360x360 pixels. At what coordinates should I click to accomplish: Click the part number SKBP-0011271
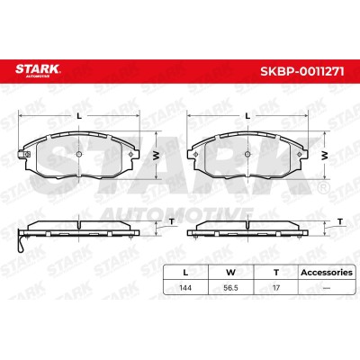302,71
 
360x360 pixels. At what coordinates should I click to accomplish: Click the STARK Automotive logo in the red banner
38,70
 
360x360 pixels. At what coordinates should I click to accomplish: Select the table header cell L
185,273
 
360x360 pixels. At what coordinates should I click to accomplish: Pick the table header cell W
230,273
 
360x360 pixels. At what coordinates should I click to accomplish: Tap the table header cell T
276,273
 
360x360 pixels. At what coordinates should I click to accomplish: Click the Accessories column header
327,273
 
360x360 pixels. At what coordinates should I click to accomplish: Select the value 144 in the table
185,288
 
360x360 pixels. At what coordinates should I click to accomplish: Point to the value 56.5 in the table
230,288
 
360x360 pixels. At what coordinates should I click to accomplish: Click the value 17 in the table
276,288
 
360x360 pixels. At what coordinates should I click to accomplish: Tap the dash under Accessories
327,288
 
